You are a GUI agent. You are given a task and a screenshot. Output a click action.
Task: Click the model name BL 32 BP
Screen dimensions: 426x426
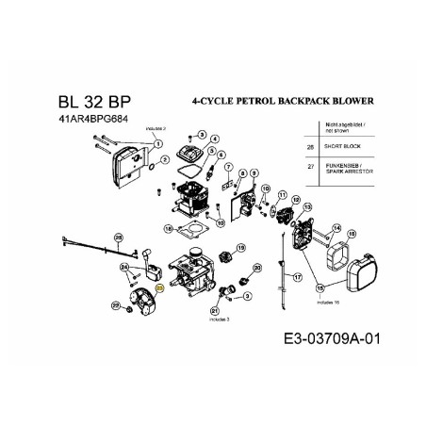(85, 102)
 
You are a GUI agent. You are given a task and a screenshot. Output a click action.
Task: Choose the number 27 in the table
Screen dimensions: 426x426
(311, 167)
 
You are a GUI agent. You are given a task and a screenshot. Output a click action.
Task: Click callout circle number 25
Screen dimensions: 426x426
(118, 237)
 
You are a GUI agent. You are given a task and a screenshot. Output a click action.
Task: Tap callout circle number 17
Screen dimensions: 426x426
(298, 276)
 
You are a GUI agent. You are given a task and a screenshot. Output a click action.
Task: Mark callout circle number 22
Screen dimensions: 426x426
(115, 304)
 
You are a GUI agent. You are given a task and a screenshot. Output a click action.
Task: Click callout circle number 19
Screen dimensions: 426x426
(241, 248)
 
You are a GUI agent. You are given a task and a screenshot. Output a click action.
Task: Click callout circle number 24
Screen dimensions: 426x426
(123, 267)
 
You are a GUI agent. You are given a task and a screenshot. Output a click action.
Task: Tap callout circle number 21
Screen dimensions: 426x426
(215, 310)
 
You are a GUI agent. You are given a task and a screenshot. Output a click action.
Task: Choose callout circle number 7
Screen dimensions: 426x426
(228, 166)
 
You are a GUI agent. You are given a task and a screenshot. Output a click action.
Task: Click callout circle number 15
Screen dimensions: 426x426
(320, 287)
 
